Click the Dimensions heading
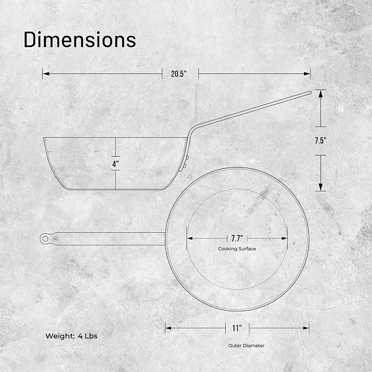coord(80,39)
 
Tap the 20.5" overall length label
coord(179,74)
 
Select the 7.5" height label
coord(321,141)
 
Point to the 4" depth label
coord(116,164)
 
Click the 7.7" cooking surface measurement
coord(237,238)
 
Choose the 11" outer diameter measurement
coord(237,328)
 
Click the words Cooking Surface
coord(237,249)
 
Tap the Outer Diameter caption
coord(246,346)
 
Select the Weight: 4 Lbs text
coord(71,336)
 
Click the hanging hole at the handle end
coord(45,239)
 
